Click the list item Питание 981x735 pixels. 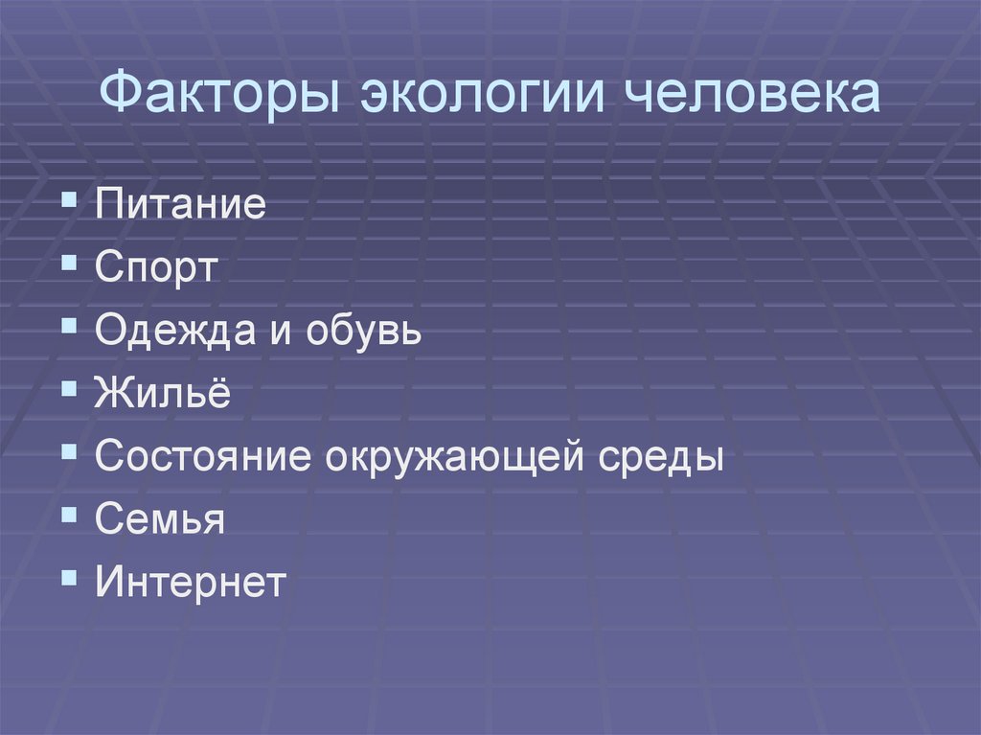point(180,206)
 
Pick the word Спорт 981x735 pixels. point(157,268)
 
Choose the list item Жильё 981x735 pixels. point(163,394)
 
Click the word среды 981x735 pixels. point(661,457)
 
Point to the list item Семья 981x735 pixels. point(160,519)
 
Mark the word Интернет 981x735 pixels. point(191,582)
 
